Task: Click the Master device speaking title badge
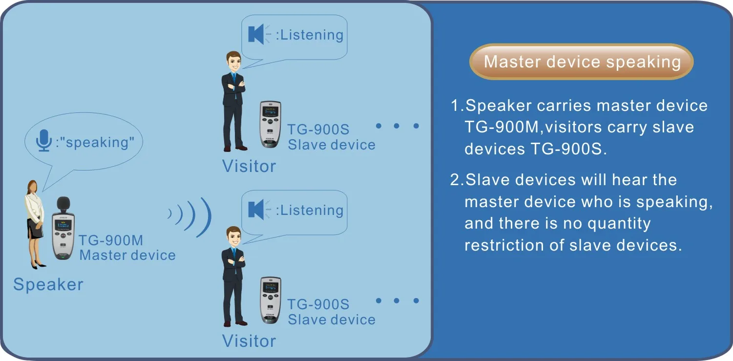click(581, 62)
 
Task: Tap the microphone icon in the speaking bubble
click(44, 141)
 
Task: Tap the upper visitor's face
click(233, 62)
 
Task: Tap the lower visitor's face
click(233, 238)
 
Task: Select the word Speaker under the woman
click(48, 284)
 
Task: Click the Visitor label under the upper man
click(249, 166)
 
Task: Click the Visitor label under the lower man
click(249, 341)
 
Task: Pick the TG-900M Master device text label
click(127, 248)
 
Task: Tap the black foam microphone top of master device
click(63, 204)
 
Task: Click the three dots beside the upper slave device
click(397, 126)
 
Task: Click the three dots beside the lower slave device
click(397, 301)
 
